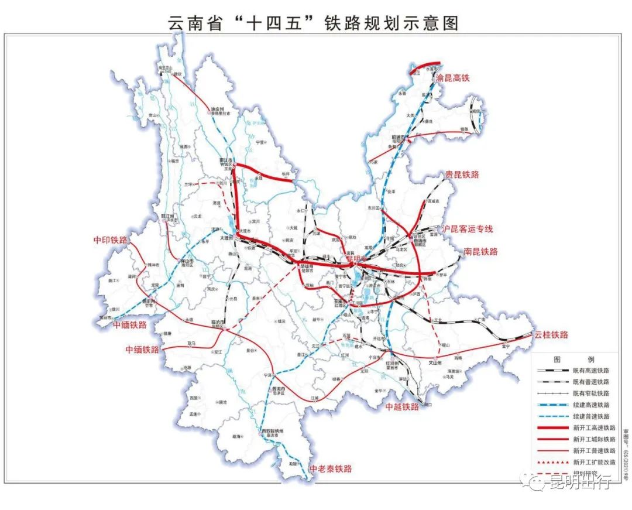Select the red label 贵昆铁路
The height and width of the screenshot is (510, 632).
[462, 174]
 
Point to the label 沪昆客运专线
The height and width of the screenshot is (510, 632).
[468, 229]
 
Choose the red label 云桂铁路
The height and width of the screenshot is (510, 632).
[551, 335]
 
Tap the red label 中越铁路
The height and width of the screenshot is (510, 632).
[401, 406]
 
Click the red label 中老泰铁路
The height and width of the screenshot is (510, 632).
[331, 468]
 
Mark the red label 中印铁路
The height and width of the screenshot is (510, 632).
[110, 240]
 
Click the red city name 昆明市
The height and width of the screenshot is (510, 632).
[355, 258]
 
